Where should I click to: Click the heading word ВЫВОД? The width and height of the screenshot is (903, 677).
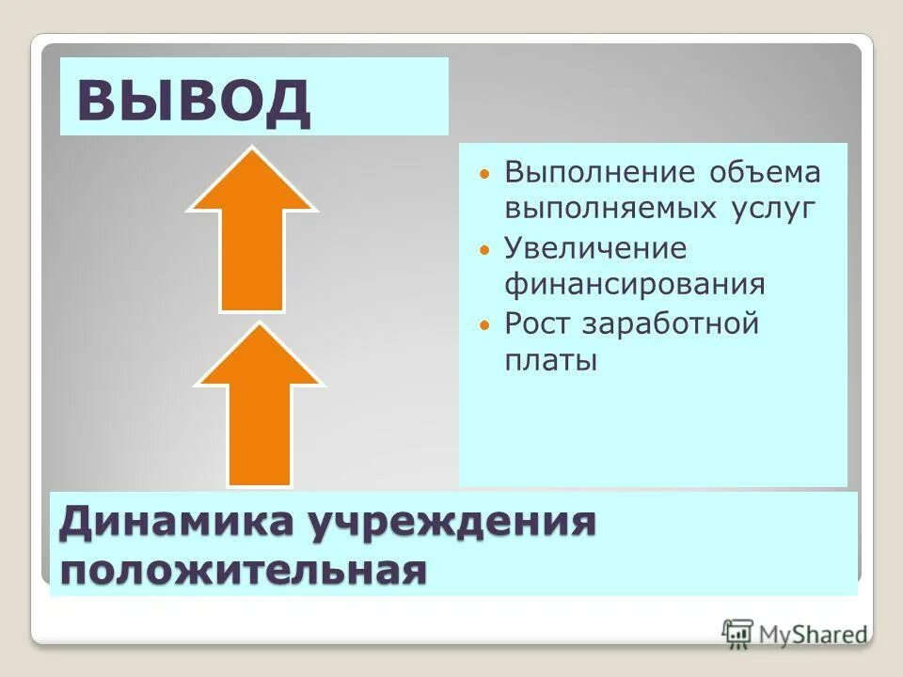click(x=194, y=102)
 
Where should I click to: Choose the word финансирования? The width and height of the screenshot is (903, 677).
click(x=635, y=284)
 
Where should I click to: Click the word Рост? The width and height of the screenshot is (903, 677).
click(x=539, y=323)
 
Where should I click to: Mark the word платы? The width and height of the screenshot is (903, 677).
click(x=551, y=360)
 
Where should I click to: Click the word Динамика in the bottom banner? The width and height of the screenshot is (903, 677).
click(x=175, y=524)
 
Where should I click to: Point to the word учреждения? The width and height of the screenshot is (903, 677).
click(x=450, y=524)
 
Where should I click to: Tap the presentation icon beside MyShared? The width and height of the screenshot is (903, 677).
click(x=738, y=633)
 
